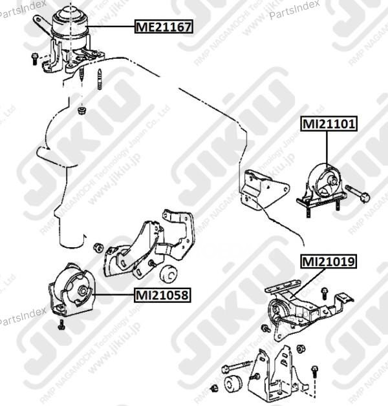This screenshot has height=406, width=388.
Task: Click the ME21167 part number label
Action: [163, 27]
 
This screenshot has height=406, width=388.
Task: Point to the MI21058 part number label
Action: [162, 296]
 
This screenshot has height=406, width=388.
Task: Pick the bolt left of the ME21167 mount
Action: [34, 59]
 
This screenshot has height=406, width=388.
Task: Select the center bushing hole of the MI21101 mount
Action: [330, 179]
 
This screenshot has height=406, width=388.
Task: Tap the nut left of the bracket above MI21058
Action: [98, 247]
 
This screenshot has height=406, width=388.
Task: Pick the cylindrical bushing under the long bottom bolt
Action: [233, 384]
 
